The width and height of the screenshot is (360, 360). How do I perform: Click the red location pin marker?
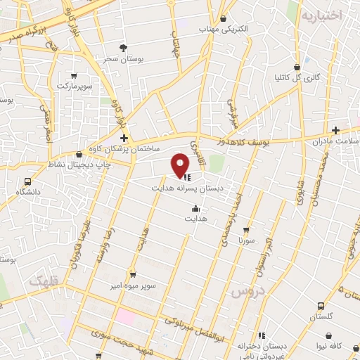coord(180,165)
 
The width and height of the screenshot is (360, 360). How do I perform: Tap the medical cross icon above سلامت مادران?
coord(336,130)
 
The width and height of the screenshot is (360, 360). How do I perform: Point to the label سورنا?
coord(245,240)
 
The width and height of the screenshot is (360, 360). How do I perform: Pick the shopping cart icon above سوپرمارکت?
coord(75,75)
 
